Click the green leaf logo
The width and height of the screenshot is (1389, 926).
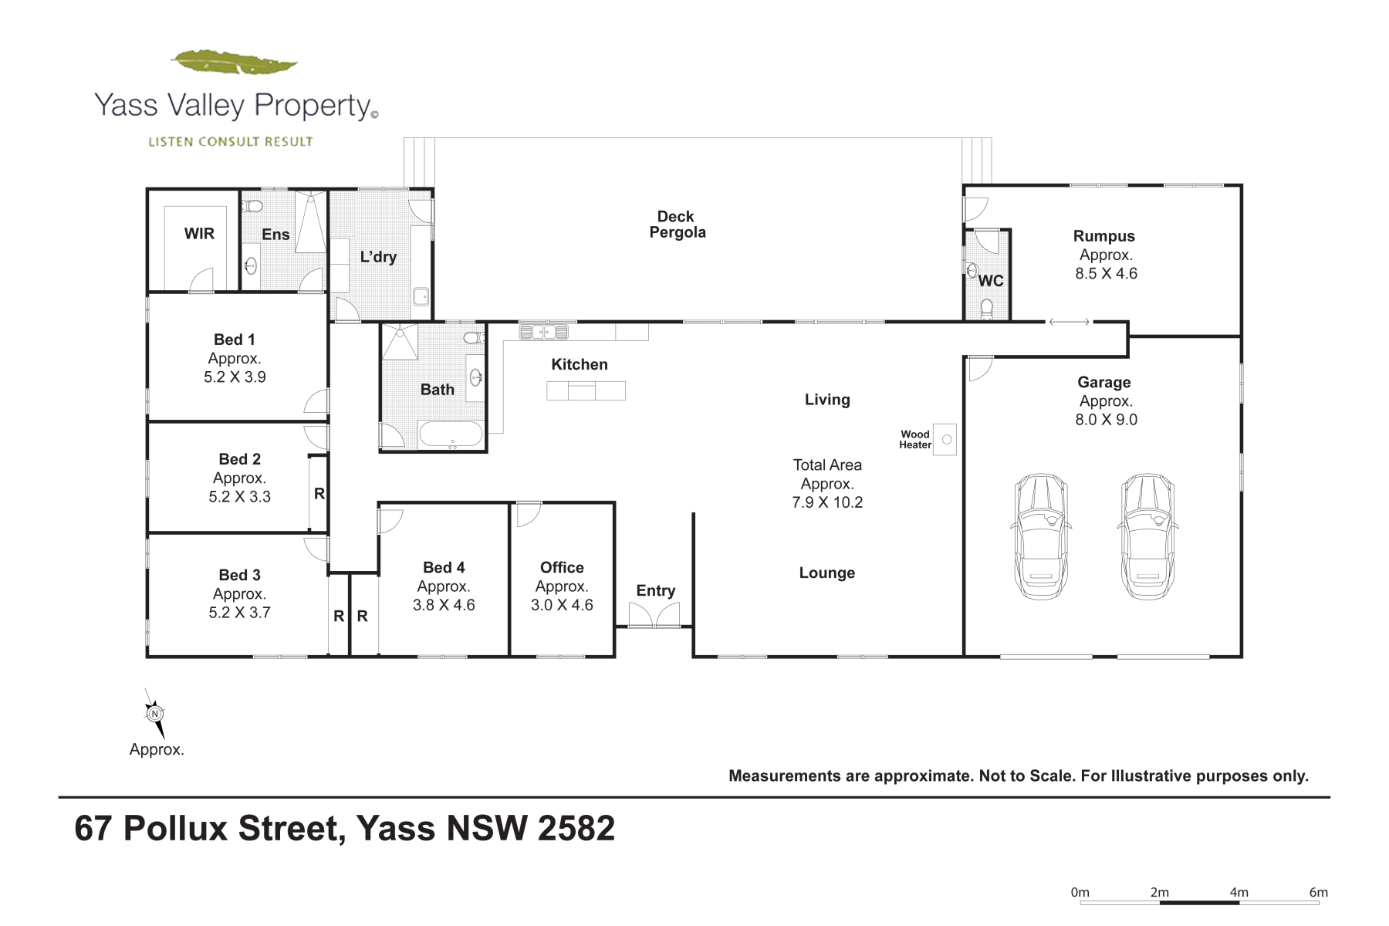pos(235,63)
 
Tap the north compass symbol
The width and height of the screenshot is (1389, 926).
pos(155,714)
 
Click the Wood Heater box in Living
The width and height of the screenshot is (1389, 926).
pos(945,439)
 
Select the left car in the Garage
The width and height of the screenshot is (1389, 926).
pos(1040,536)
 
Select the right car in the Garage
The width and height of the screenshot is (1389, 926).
pos(1147,536)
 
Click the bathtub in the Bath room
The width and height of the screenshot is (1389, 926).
pos(451,434)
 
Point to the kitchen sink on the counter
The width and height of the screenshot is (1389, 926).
pos(544,333)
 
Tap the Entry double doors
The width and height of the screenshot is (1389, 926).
pos(654,614)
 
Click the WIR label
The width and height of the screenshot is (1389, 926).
pos(199,234)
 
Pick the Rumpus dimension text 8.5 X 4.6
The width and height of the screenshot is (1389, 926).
pos(1107,273)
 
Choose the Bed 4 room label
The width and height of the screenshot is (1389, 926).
pos(444,567)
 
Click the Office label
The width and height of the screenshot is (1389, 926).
pos(562,567)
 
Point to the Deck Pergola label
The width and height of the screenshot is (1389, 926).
pos(677,225)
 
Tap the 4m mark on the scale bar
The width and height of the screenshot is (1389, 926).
pos(1239,893)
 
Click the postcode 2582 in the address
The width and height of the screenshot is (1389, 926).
pos(576,829)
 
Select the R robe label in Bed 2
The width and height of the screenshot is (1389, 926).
pos(319,493)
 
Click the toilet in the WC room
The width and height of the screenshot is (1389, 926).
pos(986,309)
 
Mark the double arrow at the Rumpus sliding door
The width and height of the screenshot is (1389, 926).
pos(1069,322)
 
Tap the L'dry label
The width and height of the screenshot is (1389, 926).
pos(378,257)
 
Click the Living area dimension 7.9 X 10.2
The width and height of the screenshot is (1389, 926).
pos(827,502)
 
